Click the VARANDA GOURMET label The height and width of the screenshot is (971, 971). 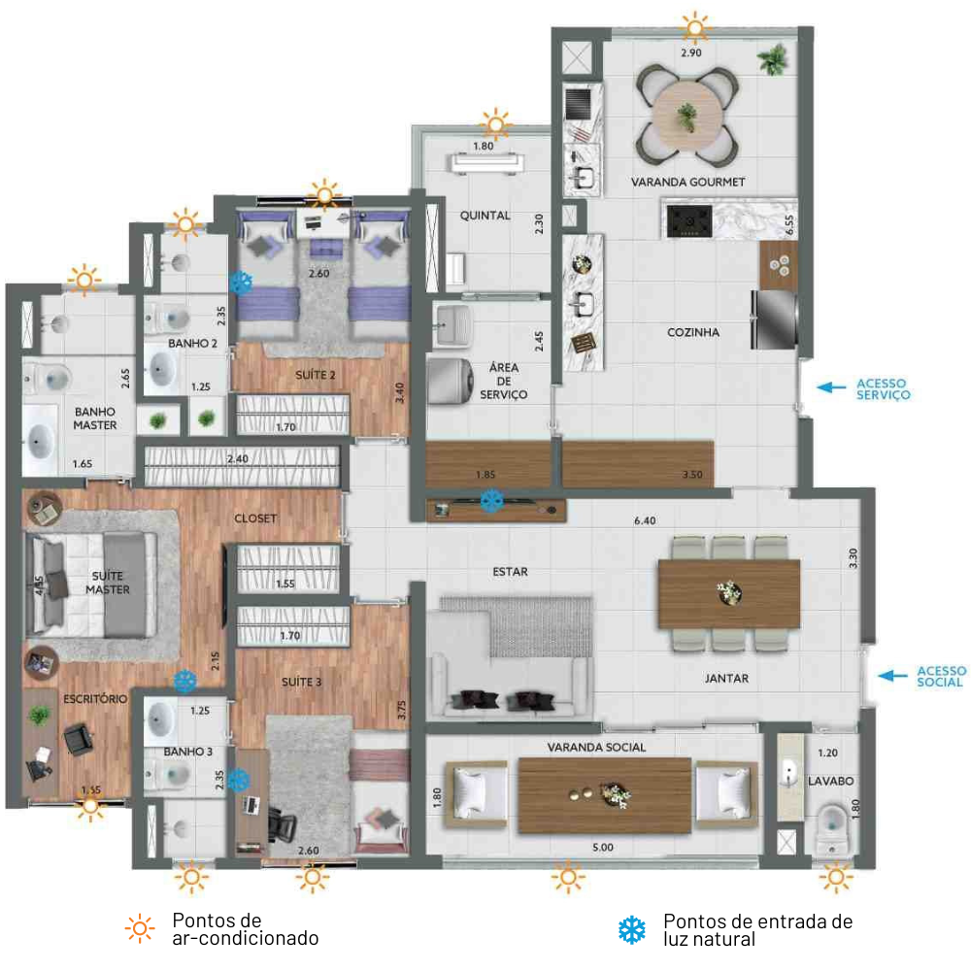click(688, 183)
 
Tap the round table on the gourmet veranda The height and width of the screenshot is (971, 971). click(687, 117)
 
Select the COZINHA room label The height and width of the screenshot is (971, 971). click(693, 332)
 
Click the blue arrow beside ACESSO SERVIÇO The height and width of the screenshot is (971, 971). click(831, 387)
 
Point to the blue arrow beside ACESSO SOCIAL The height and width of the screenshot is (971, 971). click(893, 676)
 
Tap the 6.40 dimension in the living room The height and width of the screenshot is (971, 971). click(645, 520)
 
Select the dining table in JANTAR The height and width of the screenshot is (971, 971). click(729, 594)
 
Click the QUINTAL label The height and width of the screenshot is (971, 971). click(485, 216)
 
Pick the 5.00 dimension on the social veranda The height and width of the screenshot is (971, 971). click(603, 847)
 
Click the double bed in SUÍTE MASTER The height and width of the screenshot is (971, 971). click(88, 584)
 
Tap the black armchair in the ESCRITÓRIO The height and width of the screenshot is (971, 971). click(78, 739)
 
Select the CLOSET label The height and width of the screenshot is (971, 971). click(255, 519)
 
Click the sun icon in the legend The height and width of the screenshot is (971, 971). click(140, 928)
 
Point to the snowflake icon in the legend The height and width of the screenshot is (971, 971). click(632, 930)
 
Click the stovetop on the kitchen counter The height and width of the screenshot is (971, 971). click(689, 220)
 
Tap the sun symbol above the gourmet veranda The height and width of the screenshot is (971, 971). click(694, 27)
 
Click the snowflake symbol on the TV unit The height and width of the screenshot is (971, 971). click(491, 500)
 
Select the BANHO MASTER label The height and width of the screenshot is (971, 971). click(95, 419)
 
